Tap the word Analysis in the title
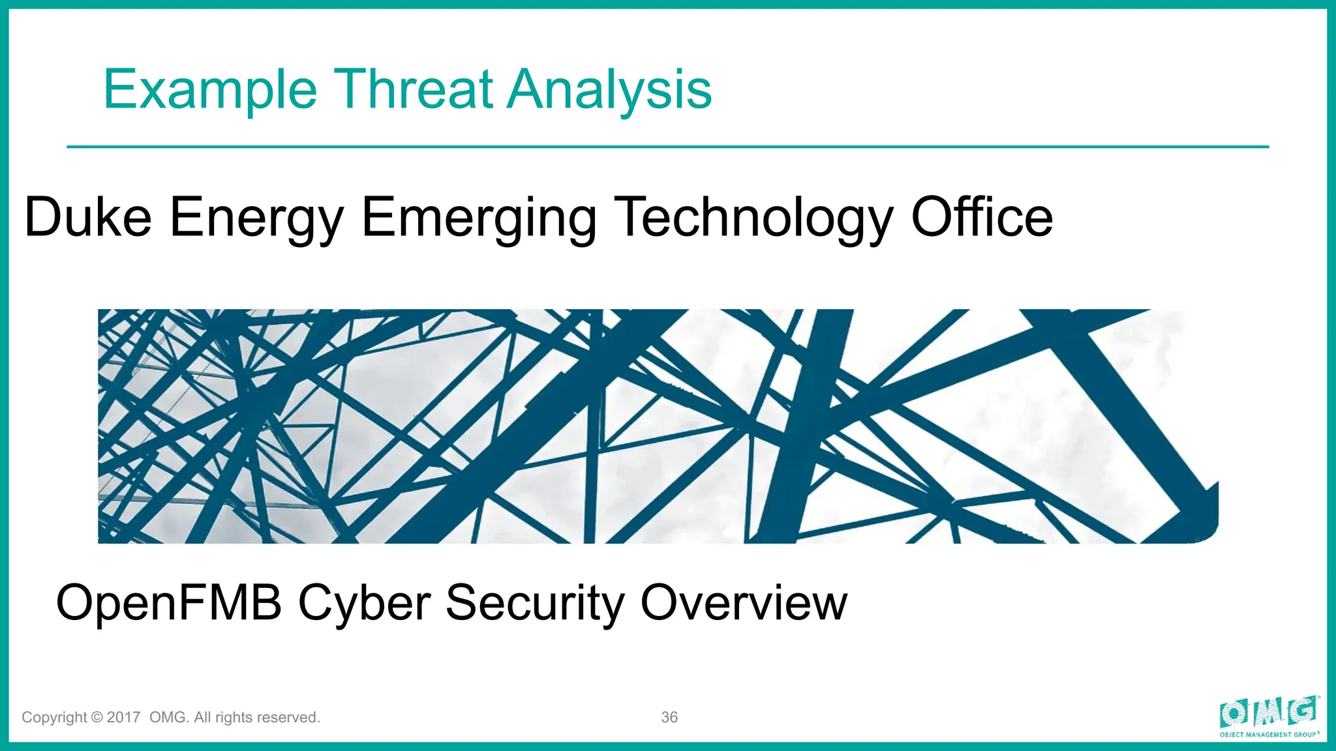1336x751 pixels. tap(609, 90)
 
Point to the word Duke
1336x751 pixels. tap(88, 217)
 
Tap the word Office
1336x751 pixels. tap(982, 217)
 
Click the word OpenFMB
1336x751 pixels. tap(169, 602)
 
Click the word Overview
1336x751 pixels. tap(744, 602)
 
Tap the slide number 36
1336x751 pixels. tap(669, 717)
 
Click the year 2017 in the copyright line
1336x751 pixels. tap(123, 717)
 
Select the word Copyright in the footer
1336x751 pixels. tap(54, 718)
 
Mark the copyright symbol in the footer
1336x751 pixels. tap(97, 717)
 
